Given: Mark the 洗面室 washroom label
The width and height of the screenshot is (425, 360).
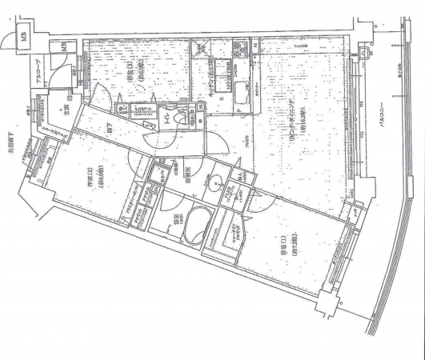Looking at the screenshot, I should point(195,170).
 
